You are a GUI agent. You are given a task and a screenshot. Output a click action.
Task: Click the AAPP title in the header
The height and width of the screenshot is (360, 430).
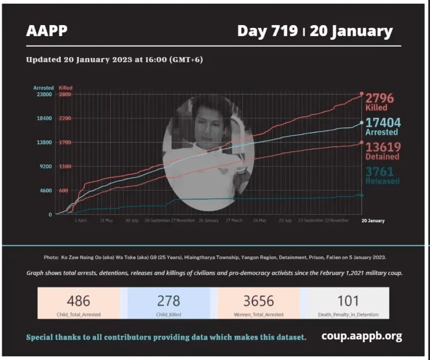(x=47, y=31)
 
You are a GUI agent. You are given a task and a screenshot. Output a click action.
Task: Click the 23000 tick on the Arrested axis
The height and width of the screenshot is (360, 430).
(x=43, y=94)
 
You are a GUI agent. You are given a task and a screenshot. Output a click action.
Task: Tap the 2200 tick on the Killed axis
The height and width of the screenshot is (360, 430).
(x=64, y=118)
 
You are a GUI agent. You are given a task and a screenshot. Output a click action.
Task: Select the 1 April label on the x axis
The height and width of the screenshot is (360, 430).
(x=80, y=221)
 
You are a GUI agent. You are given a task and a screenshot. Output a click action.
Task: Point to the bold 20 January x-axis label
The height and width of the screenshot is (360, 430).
(x=373, y=221)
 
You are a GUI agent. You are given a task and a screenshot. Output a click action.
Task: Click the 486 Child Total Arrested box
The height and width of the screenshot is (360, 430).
(x=78, y=303)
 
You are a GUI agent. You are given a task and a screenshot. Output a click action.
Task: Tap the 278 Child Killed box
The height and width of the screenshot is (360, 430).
(x=168, y=303)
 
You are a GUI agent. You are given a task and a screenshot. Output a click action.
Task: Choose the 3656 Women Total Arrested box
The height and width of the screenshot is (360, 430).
(x=259, y=303)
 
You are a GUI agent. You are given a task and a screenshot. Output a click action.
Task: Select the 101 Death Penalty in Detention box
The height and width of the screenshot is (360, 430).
(x=349, y=303)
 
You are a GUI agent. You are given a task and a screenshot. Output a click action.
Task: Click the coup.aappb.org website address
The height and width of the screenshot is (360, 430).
(x=361, y=336)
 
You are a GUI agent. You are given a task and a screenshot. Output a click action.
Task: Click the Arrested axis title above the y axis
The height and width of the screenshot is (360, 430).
(x=43, y=88)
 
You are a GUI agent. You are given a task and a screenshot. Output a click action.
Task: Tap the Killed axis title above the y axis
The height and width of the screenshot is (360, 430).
(x=66, y=88)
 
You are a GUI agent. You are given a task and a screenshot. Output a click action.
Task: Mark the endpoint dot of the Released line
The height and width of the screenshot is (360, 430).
(x=361, y=195)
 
